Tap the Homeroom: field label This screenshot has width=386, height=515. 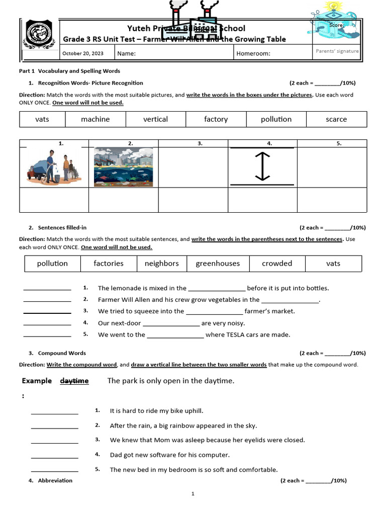click(x=253, y=54)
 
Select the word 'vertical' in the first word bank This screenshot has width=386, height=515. click(x=155, y=119)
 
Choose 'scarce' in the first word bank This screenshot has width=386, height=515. click(x=336, y=119)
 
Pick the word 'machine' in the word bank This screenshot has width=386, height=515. click(x=95, y=119)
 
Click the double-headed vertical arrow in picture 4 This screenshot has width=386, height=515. click(x=262, y=167)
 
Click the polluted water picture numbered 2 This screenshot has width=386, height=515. click(x=124, y=167)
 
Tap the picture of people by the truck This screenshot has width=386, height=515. click(x=54, y=167)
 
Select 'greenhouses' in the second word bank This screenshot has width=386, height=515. click(x=218, y=264)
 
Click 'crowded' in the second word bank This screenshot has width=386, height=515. click(x=277, y=264)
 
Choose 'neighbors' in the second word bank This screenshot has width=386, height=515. click(x=161, y=264)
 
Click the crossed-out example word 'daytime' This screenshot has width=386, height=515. click(x=74, y=381)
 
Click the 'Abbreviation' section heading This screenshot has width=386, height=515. click(x=55, y=480)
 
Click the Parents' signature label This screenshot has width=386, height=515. click(x=337, y=51)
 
